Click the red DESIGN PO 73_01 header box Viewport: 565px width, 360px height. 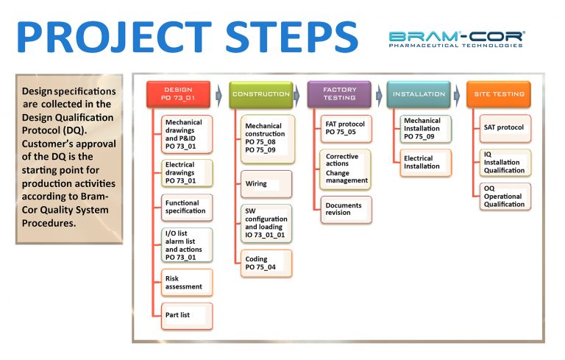click(178, 94)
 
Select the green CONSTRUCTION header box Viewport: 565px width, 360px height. click(261, 94)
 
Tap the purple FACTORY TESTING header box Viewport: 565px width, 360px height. click(339, 94)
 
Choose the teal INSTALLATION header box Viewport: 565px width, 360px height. click(419, 94)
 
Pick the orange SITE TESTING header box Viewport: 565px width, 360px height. click(499, 94)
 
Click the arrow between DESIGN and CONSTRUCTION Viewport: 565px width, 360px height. click(219, 94)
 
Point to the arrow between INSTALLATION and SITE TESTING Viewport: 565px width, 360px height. click(458, 94)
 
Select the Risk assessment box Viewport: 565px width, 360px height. click(187, 280)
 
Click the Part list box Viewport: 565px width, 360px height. click(187, 315)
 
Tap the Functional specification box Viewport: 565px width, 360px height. click(187, 208)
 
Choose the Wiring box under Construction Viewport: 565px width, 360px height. click(266, 184)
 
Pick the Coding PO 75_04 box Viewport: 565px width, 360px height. click(266, 264)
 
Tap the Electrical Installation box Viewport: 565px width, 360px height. click(426, 163)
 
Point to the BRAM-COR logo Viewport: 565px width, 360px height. click(456, 38)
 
